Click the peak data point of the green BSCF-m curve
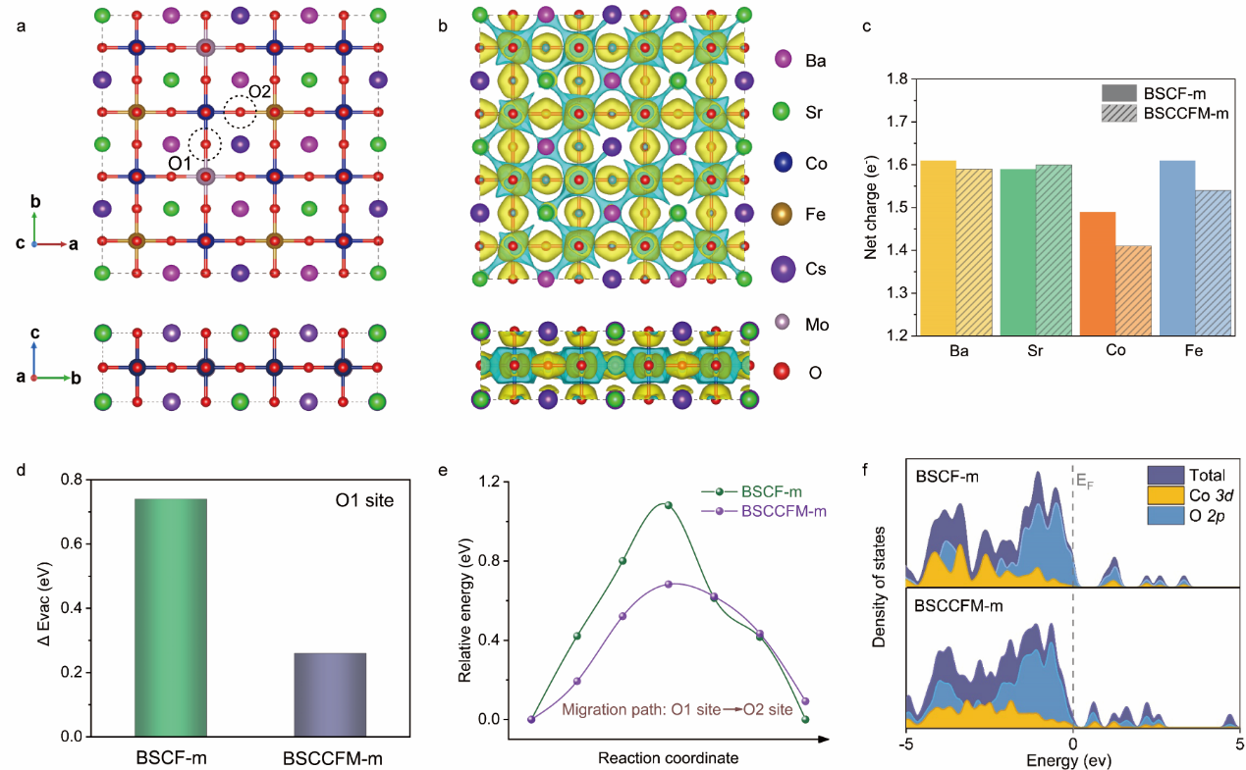(668, 505)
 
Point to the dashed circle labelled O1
(205, 145)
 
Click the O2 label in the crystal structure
(259, 92)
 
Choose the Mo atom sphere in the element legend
(784, 321)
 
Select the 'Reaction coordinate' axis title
(669, 757)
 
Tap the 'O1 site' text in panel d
(360, 501)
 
